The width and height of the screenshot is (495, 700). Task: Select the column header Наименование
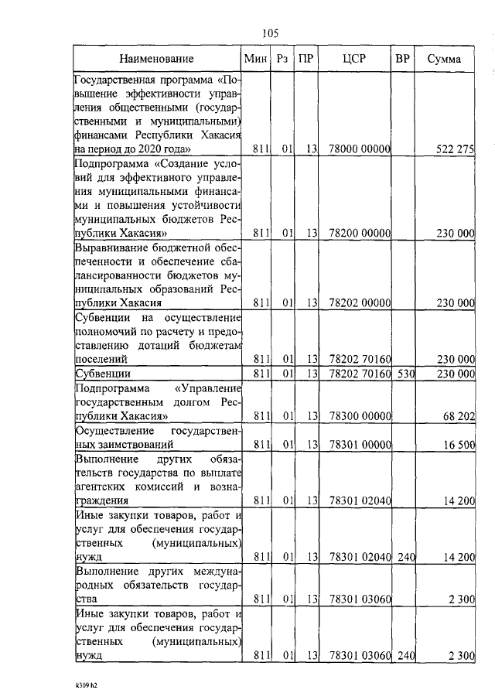[x=157, y=59]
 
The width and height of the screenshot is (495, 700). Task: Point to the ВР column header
[x=402, y=59]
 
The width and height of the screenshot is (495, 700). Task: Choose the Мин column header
[x=254, y=59]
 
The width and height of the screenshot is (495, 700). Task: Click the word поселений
[x=101, y=360]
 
